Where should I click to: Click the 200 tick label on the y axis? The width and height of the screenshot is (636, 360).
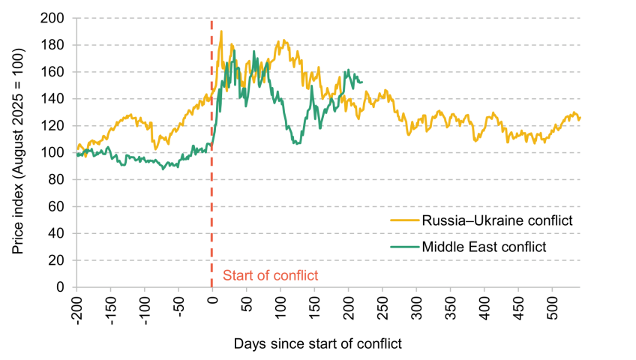52,18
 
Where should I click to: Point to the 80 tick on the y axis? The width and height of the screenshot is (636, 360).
56,179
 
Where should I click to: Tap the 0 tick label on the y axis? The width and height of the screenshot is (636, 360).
61,287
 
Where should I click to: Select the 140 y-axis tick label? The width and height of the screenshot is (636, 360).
52,99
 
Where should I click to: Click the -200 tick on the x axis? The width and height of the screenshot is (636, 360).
76,311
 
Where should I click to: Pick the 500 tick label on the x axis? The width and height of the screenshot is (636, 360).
552,307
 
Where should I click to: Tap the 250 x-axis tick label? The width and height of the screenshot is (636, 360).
382,307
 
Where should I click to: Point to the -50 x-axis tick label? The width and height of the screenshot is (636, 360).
178,307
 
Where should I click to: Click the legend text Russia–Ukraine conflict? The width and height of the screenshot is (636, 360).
497,220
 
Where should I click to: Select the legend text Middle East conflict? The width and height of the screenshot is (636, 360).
484,247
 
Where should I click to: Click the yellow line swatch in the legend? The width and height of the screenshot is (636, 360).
404,220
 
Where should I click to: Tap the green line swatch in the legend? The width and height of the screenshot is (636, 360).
404,247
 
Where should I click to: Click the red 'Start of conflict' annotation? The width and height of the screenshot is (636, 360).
271,276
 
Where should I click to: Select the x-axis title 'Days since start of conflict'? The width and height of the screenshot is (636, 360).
317,343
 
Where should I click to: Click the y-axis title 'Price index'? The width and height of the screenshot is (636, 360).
18,151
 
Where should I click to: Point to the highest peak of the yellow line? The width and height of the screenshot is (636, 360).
221,31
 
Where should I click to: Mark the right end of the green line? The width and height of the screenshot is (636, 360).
362,82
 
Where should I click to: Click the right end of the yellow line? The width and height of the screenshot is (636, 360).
580,118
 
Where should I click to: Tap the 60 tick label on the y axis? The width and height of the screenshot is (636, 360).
56,207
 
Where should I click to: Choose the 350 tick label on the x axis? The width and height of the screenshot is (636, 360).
450,307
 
